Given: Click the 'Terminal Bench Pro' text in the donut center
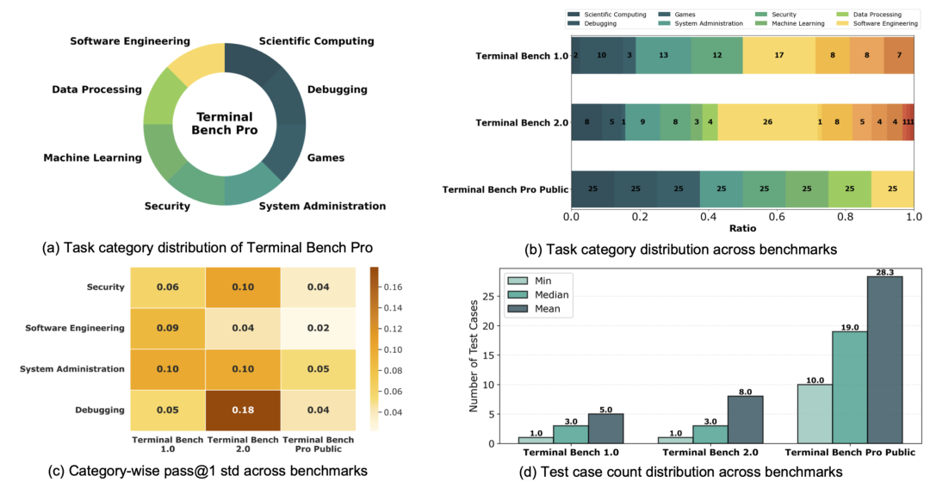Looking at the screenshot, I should [x=224, y=123].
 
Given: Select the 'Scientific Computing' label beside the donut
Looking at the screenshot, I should [x=316, y=41].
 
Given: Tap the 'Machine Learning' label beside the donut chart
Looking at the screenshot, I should [x=92, y=158].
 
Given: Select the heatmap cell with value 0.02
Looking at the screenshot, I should [x=318, y=327].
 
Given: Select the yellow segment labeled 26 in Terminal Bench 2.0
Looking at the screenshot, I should [x=766, y=123].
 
